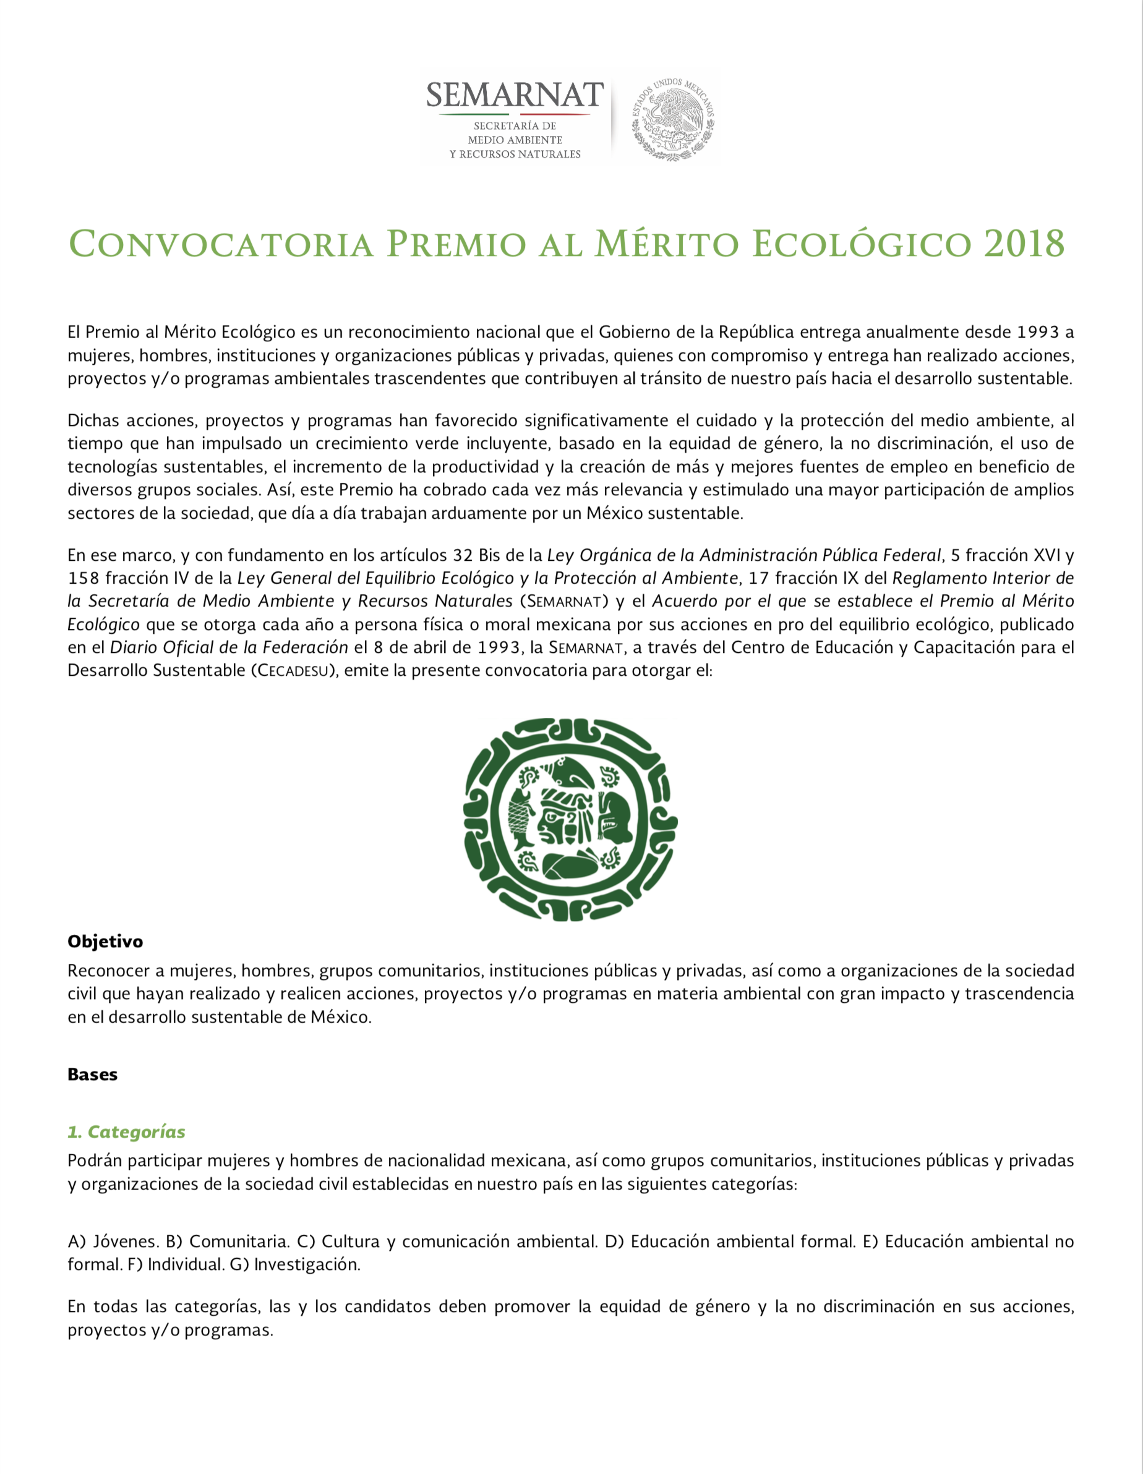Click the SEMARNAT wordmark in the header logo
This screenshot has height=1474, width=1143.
click(x=515, y=95)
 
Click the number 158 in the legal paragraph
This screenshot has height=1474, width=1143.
click(x=83, y=578)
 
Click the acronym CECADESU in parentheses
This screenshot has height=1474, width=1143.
click(x=294, y=671)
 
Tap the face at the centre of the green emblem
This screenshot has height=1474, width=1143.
click(x=560, y=820)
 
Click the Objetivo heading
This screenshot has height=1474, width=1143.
click(x=105, y=942)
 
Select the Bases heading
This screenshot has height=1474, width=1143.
click(x=93, y=1075)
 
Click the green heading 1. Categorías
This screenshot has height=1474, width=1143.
click(x=126, y=1132)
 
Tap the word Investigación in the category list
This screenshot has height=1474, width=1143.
click(x=307, y=1264)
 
